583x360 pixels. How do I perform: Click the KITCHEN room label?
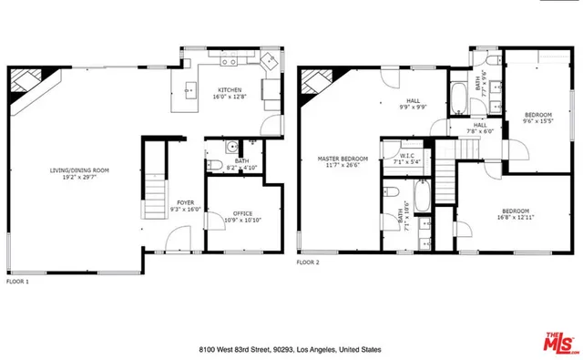(229, 89)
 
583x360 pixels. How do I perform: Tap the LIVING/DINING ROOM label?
(79, 170)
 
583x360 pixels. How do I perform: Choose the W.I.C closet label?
(407, 156)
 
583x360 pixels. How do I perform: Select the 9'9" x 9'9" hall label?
(413, 107)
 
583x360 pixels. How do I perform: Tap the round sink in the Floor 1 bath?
(231, 145)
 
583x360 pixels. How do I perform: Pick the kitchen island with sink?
(190, 89)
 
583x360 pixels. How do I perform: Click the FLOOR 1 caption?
(18, 281)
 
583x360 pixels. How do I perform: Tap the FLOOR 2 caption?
(308, 262)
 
